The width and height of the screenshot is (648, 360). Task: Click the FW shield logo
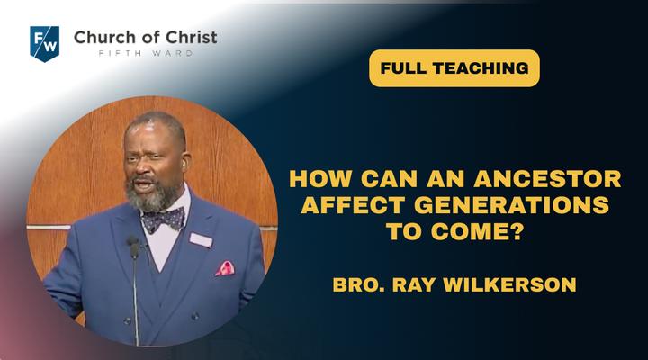[x=45, y=44]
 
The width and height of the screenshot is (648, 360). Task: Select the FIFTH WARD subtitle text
[x=146, y=53]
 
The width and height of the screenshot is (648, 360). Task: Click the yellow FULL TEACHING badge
[x=454, y=68]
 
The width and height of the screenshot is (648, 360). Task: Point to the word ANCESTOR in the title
[x=547, y=179]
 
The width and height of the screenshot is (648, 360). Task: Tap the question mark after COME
[x=517, y=231]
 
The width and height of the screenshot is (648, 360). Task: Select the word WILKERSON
[x=509, y=284]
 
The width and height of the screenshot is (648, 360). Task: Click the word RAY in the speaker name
[x=414, y=284]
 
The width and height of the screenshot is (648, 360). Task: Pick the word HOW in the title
[x=320, y=179]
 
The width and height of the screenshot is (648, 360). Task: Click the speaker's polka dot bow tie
[x=164, y=219]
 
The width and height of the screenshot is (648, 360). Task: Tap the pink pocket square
[x=225, y=269]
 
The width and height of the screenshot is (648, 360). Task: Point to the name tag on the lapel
[x=201, y=239]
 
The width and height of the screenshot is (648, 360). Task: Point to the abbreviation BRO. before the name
[x=358, y=284]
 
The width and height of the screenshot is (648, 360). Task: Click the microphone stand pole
[x=136, y=301]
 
